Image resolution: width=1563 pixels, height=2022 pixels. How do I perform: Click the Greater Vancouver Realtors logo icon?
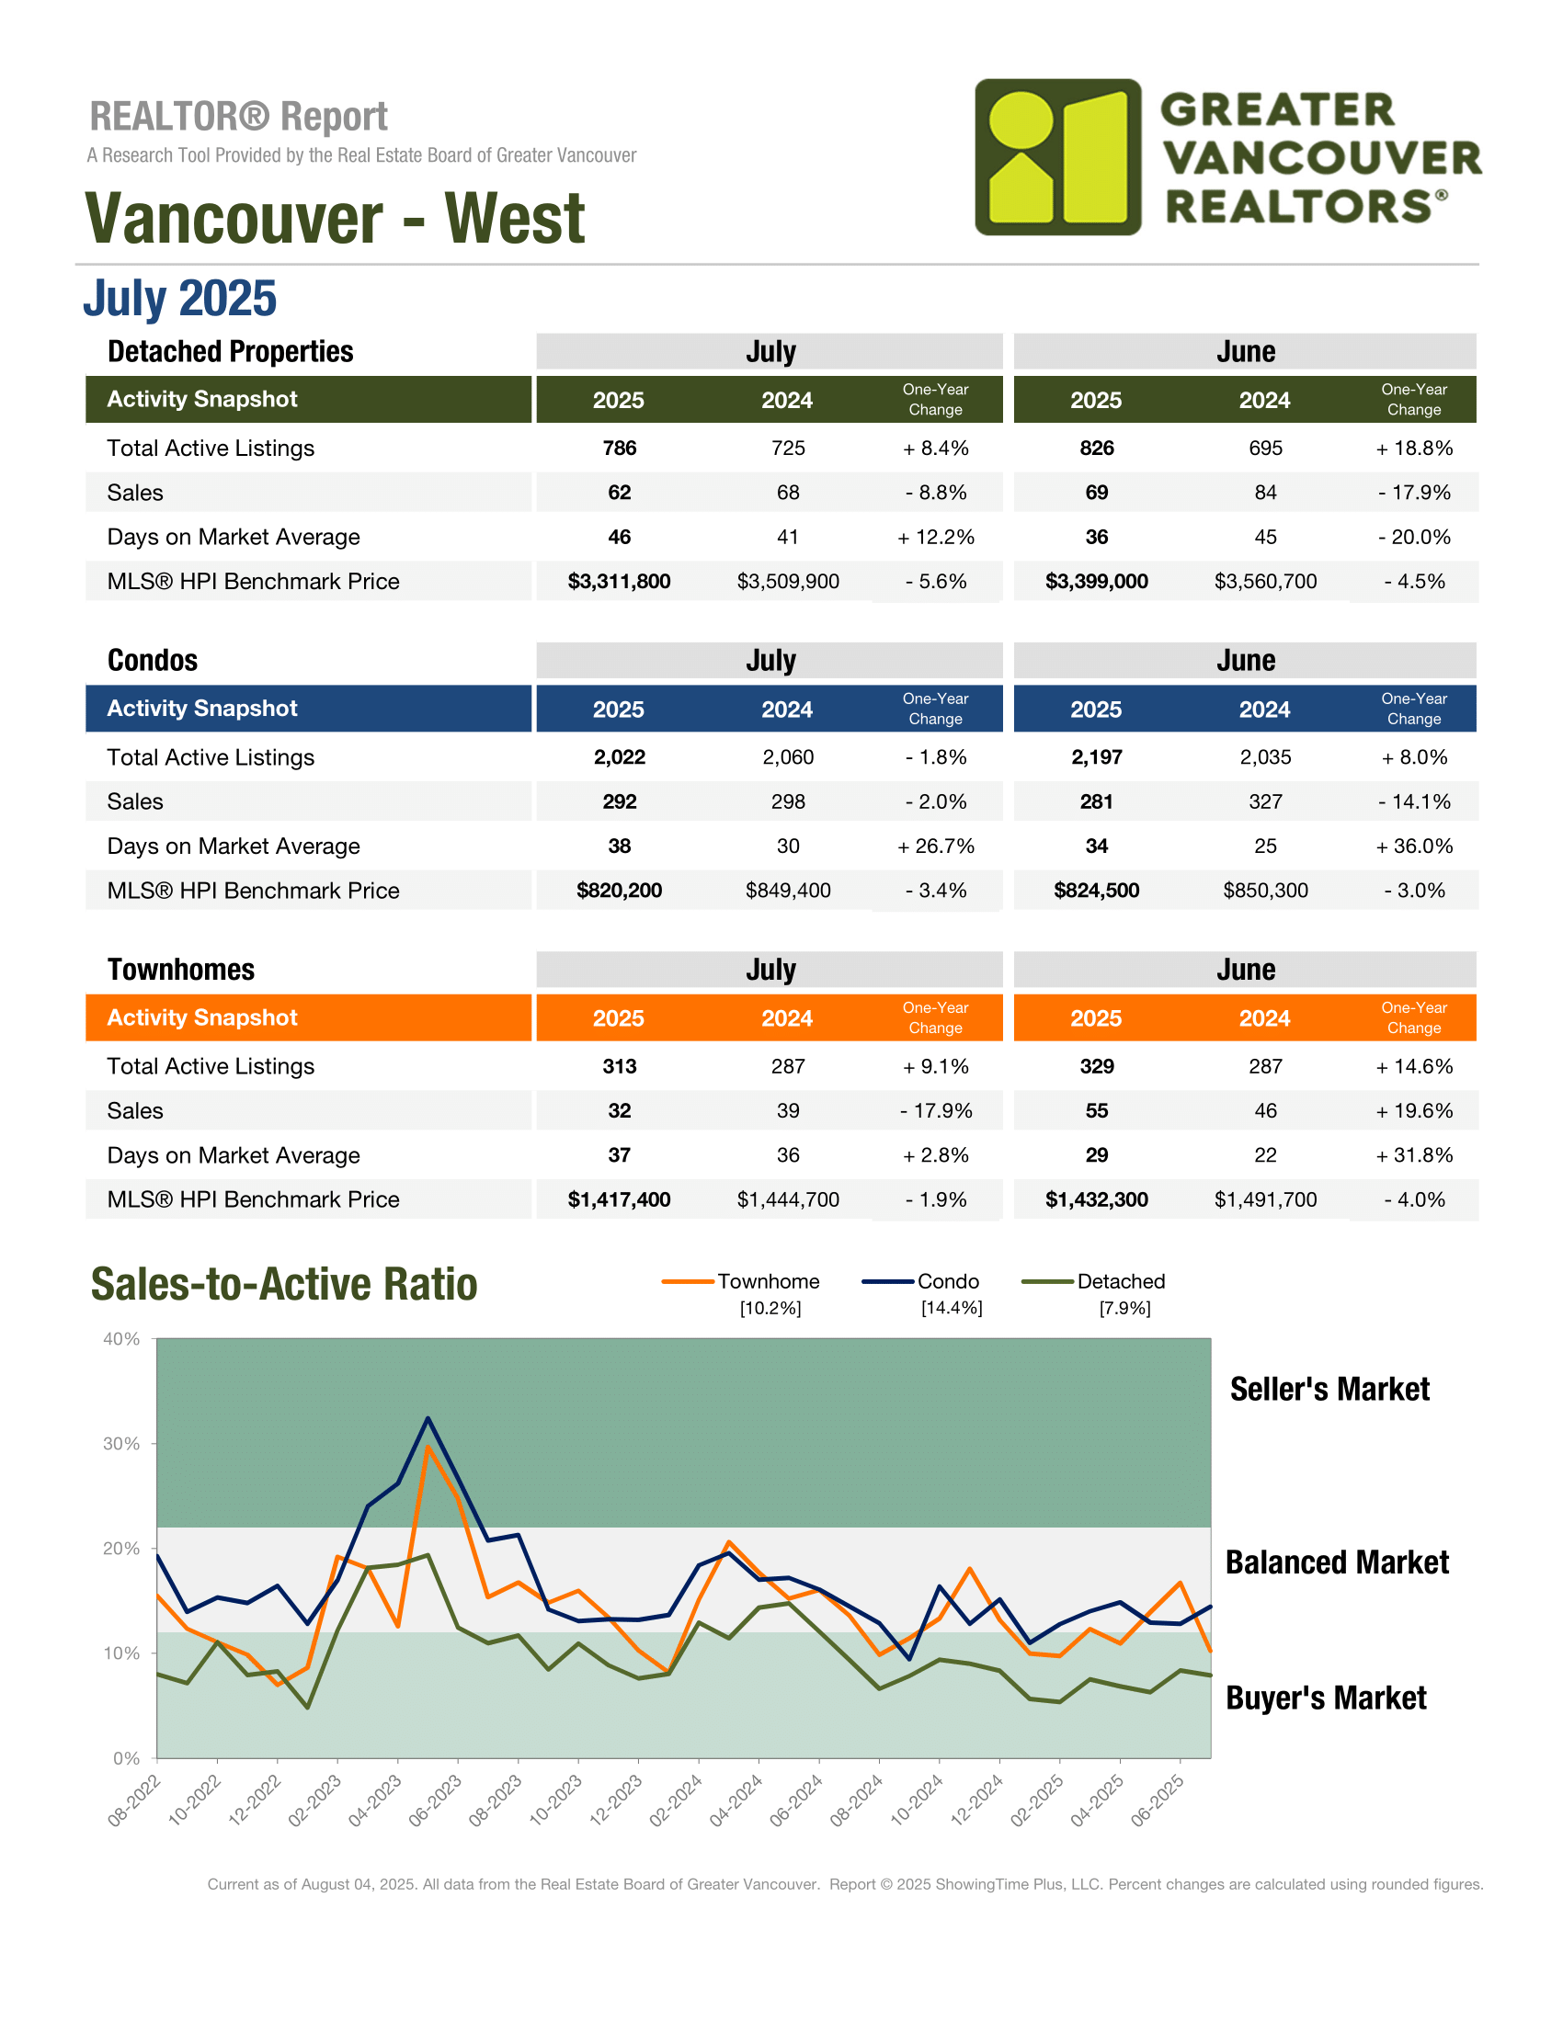point(1057,156)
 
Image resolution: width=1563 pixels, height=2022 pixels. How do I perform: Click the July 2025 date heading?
point(179,298)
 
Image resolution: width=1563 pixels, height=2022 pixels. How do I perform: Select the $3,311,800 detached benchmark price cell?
point(619,582)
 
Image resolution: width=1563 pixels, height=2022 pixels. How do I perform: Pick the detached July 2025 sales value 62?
point(619,493)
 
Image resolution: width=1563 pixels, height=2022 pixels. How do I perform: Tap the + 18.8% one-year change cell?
point(1414,449)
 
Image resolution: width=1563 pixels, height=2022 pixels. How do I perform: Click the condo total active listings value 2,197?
point(1096,757)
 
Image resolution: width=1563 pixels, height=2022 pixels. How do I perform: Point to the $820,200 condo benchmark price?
point(619,891)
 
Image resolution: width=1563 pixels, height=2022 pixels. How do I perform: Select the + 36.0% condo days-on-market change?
point(1414,846)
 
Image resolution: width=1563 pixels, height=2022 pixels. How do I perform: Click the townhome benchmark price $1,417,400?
point(619,1199)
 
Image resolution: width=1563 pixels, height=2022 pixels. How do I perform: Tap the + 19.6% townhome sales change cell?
point(1414,1111)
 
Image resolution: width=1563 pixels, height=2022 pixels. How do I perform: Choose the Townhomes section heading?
point(180,970)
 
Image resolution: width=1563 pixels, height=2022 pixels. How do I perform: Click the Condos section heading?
point(153,660)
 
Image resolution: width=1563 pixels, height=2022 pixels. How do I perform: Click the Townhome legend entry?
point(742,1282)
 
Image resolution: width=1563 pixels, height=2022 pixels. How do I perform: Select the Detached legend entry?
point(1093,1282)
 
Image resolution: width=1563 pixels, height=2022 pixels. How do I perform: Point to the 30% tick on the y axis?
point(121,1444)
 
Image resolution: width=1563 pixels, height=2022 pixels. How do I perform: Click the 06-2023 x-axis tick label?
point(435,1800)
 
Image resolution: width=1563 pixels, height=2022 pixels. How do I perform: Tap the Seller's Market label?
point(1329,1390)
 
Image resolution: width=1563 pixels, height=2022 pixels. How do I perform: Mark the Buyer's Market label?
point(1326,1698)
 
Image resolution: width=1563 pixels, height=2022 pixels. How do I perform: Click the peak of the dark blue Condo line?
point(428,1417)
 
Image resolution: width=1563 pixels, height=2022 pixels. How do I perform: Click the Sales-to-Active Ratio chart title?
point(284,1284)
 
